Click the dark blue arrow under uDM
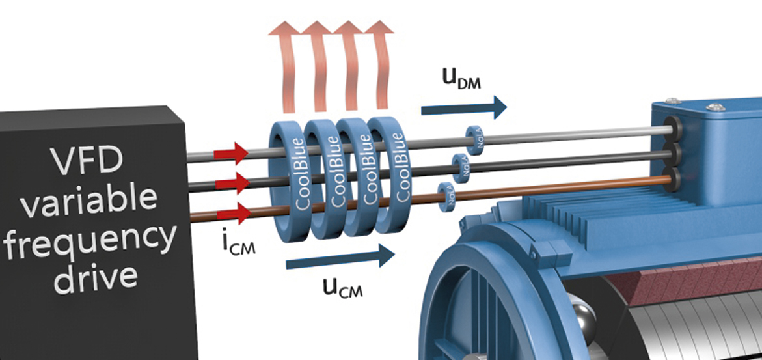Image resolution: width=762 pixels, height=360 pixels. point(463,107)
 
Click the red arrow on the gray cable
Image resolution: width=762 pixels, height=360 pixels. point(234,154)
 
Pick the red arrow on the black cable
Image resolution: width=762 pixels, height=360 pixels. point(234,183)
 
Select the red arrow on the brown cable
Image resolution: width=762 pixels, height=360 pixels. point(234,212)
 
